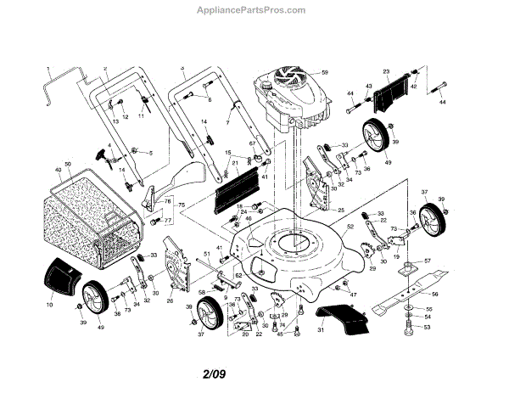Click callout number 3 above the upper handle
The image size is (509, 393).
pos(182,66)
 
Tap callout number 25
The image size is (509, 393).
pos(340,209)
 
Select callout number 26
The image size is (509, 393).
pos(170,300)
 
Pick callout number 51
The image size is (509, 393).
pos(206,254)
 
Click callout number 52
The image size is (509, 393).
pos(350,227)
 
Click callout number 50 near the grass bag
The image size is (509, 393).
pos(68,162)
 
